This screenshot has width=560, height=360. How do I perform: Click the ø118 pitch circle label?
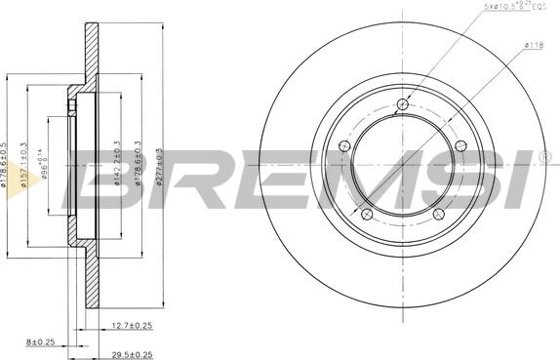pos(535,45)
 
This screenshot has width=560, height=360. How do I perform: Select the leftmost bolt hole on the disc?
pos(342,146)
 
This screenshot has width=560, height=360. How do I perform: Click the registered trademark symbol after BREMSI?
pos(545,155)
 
